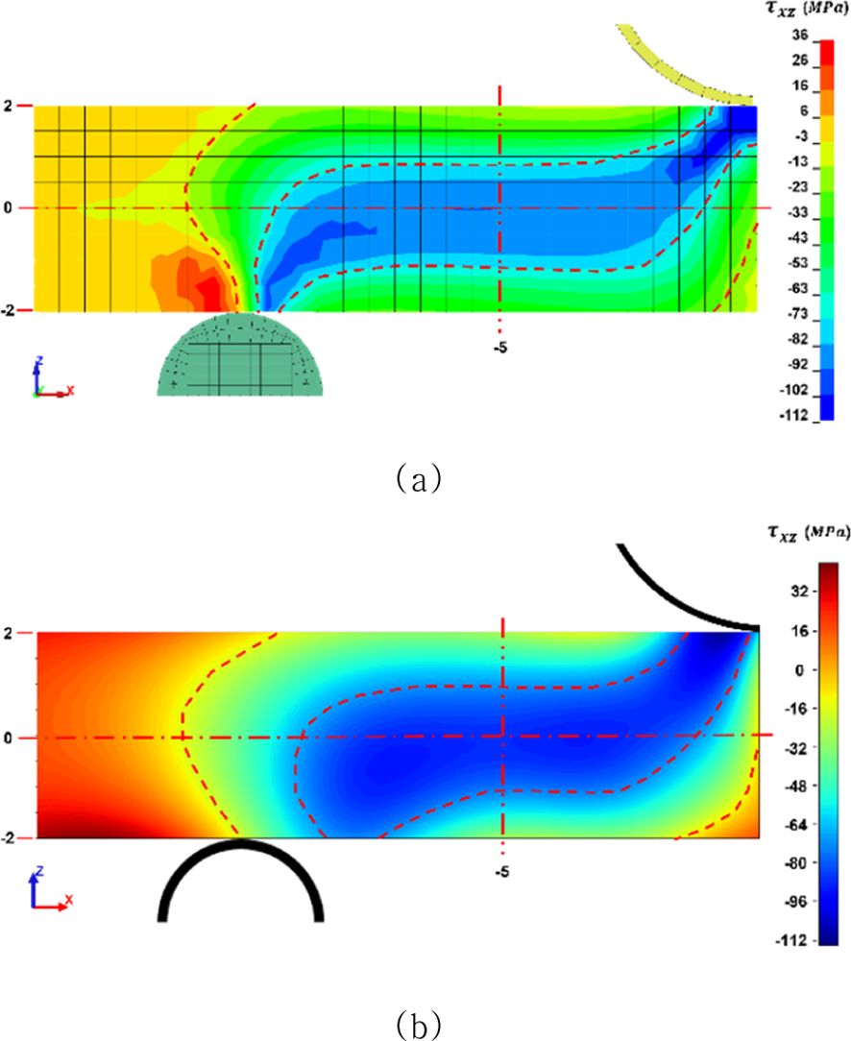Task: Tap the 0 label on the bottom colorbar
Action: [797, 670]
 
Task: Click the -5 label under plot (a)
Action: [499, 348]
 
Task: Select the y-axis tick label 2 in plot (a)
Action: [8, 106]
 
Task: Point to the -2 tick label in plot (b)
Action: [8, 838]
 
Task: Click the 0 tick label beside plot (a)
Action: [8, 207]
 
